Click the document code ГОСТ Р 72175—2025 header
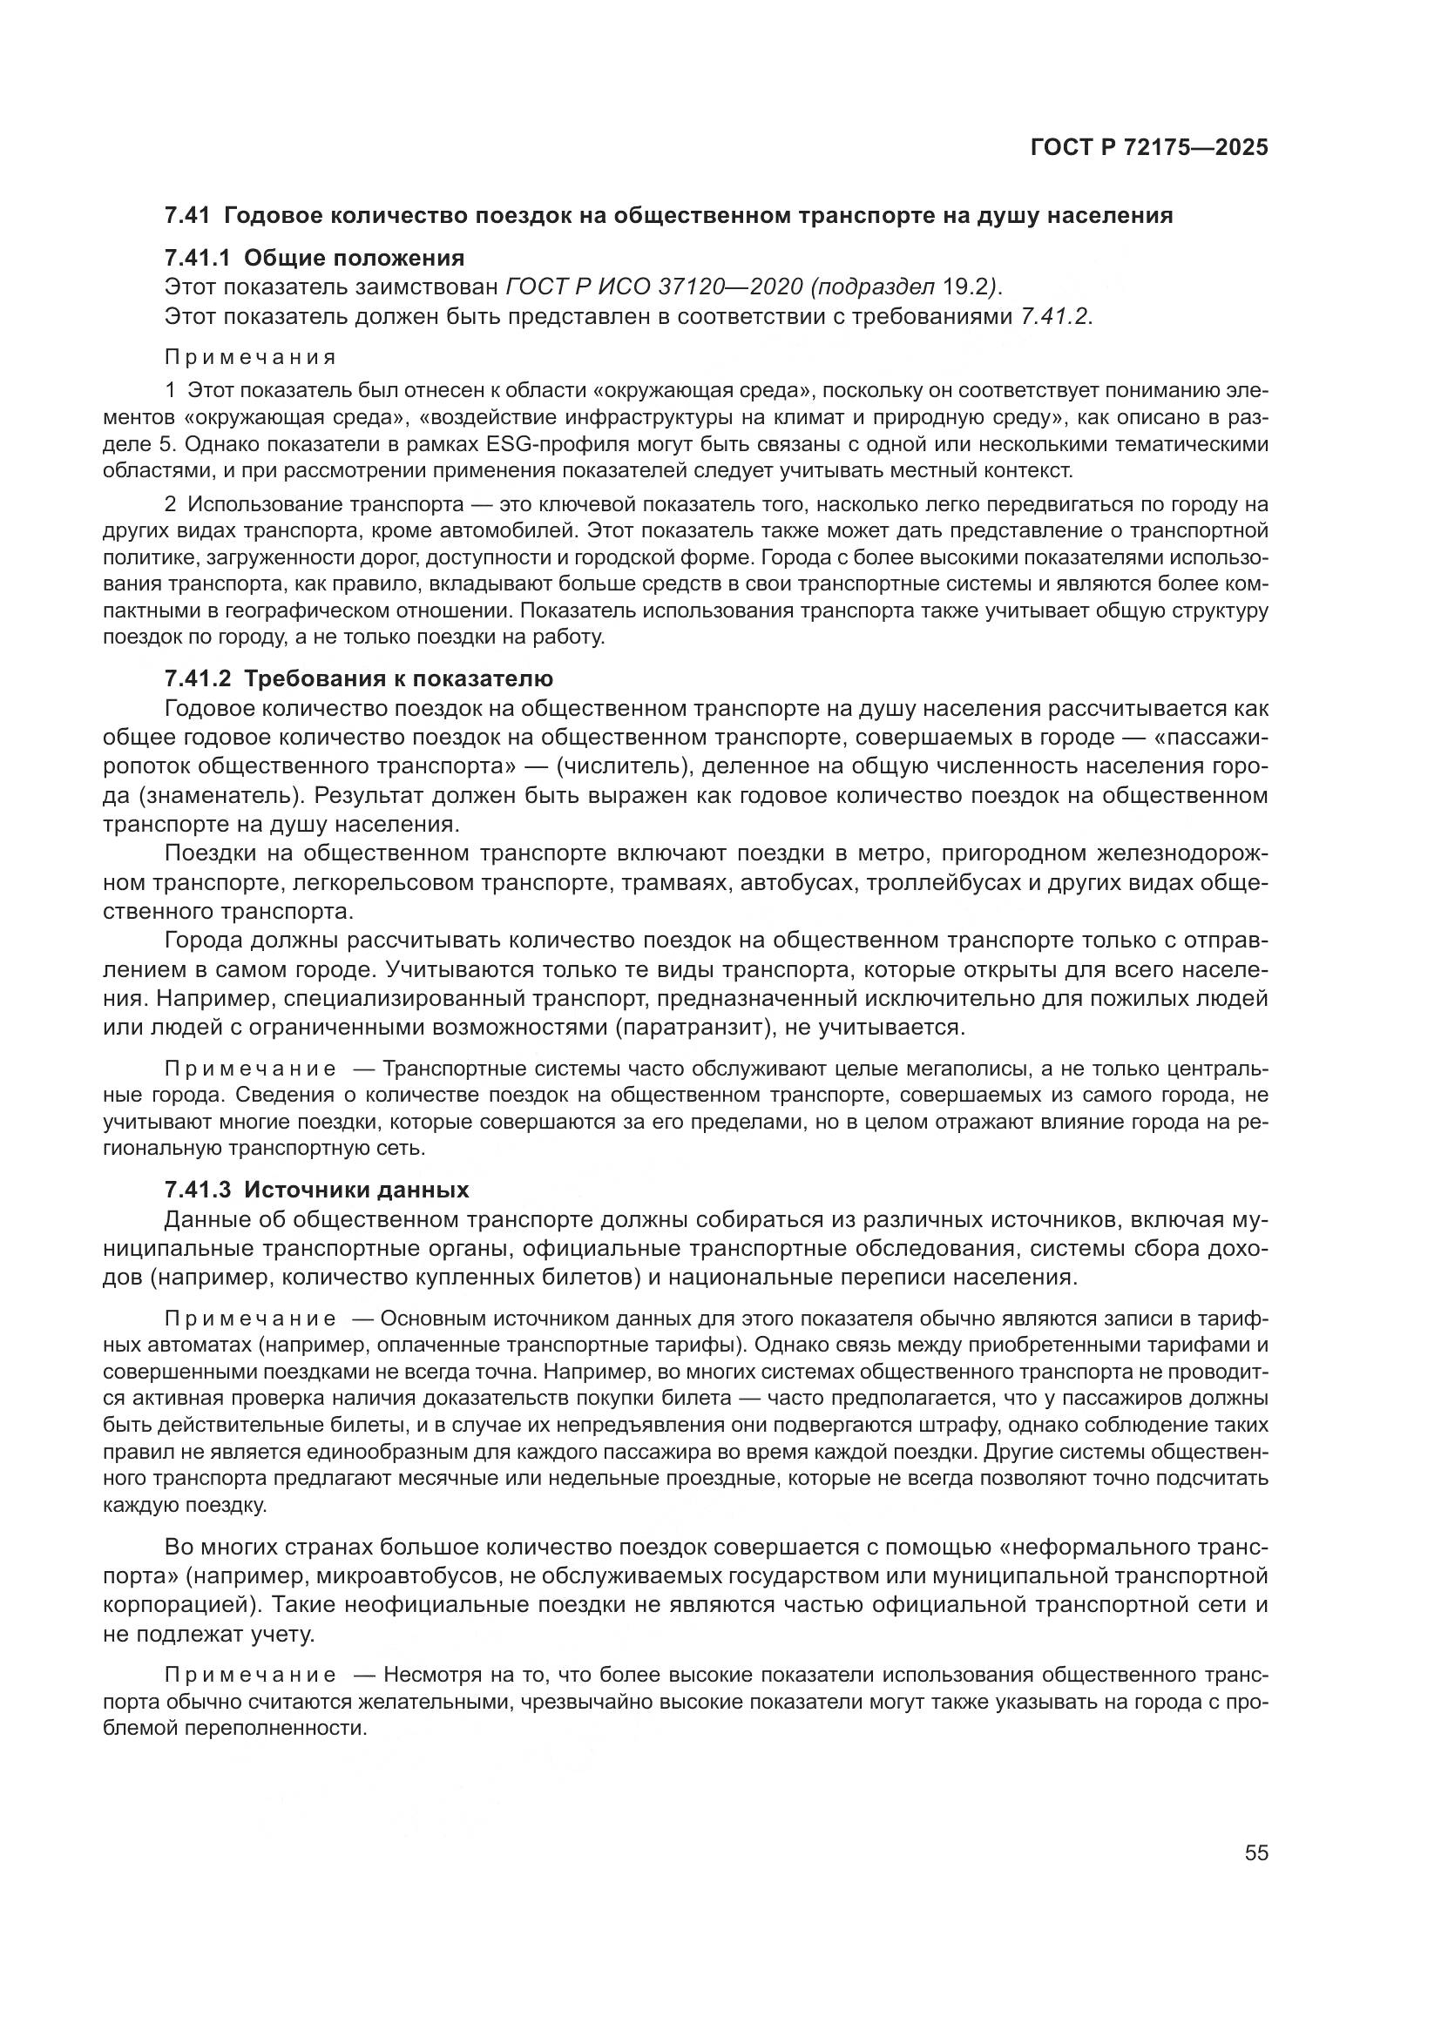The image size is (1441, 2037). [x=1148, y=147]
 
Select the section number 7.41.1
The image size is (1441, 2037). [x=197, y=258]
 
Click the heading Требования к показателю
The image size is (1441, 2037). [x=398, y=678]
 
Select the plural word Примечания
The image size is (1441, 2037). [x=250, y=358]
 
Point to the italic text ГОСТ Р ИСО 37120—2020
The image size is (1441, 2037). [x=654, y=287]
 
